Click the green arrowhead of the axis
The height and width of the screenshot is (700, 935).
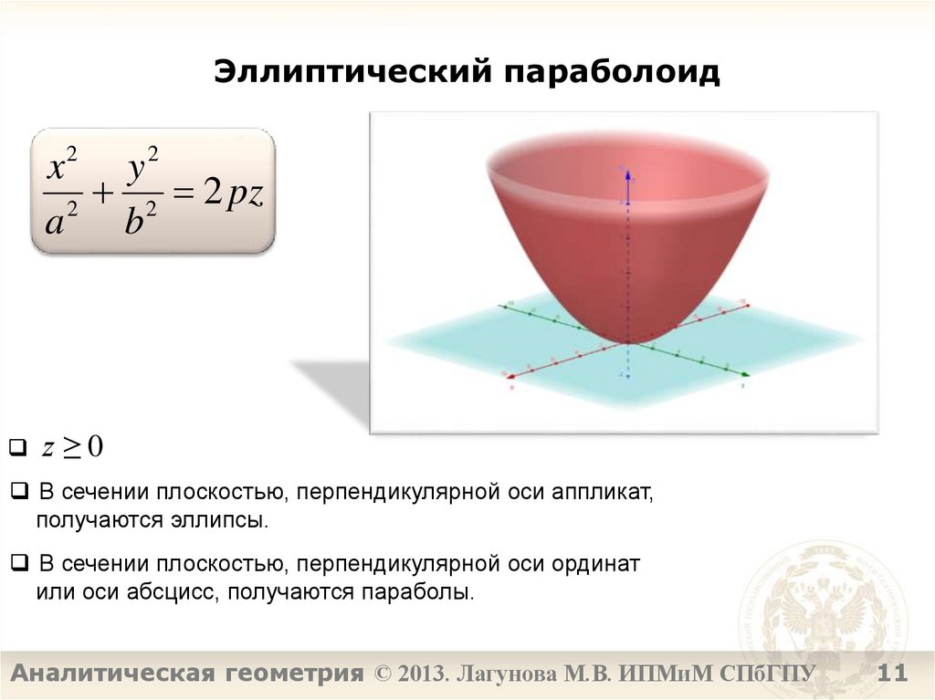(x=746, y=373)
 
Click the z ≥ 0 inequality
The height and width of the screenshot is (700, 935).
(x=73, y=447)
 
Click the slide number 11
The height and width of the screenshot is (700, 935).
(x=892, y=674)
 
